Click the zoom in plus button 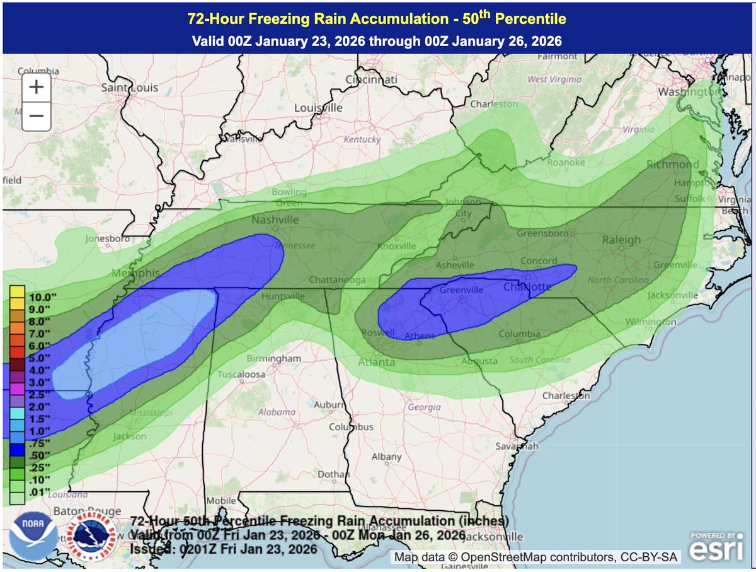36,88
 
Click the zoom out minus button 36,115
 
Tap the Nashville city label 275,220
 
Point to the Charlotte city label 528,287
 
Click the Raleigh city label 621,240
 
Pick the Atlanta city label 377,362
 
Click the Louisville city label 318,108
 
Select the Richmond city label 673,165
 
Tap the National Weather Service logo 88,537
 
